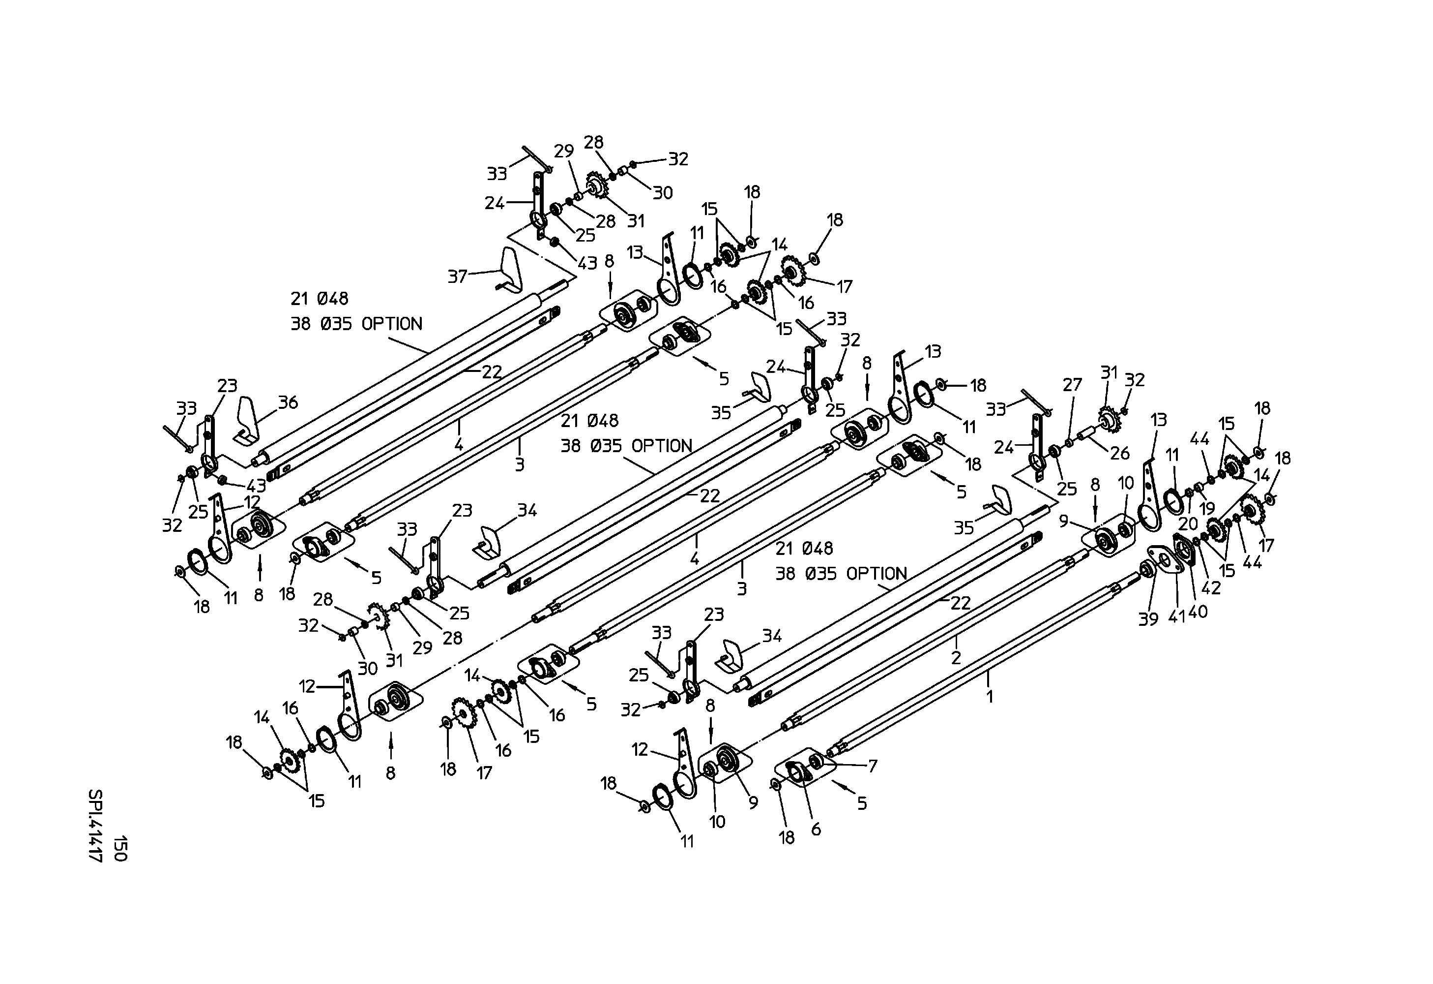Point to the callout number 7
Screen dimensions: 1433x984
[873, 766]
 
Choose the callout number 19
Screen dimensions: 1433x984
[1207, 508]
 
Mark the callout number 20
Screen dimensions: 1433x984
[1188, 524]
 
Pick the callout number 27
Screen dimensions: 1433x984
[1072, 384]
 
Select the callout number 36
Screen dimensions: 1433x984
[288, 402]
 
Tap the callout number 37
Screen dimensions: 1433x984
[458, 277]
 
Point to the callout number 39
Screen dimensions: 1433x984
[1148, 619]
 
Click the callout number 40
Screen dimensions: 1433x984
[1198, 612]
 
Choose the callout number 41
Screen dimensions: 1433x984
[1177, 616]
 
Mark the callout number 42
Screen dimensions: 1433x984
[1211, 588]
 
